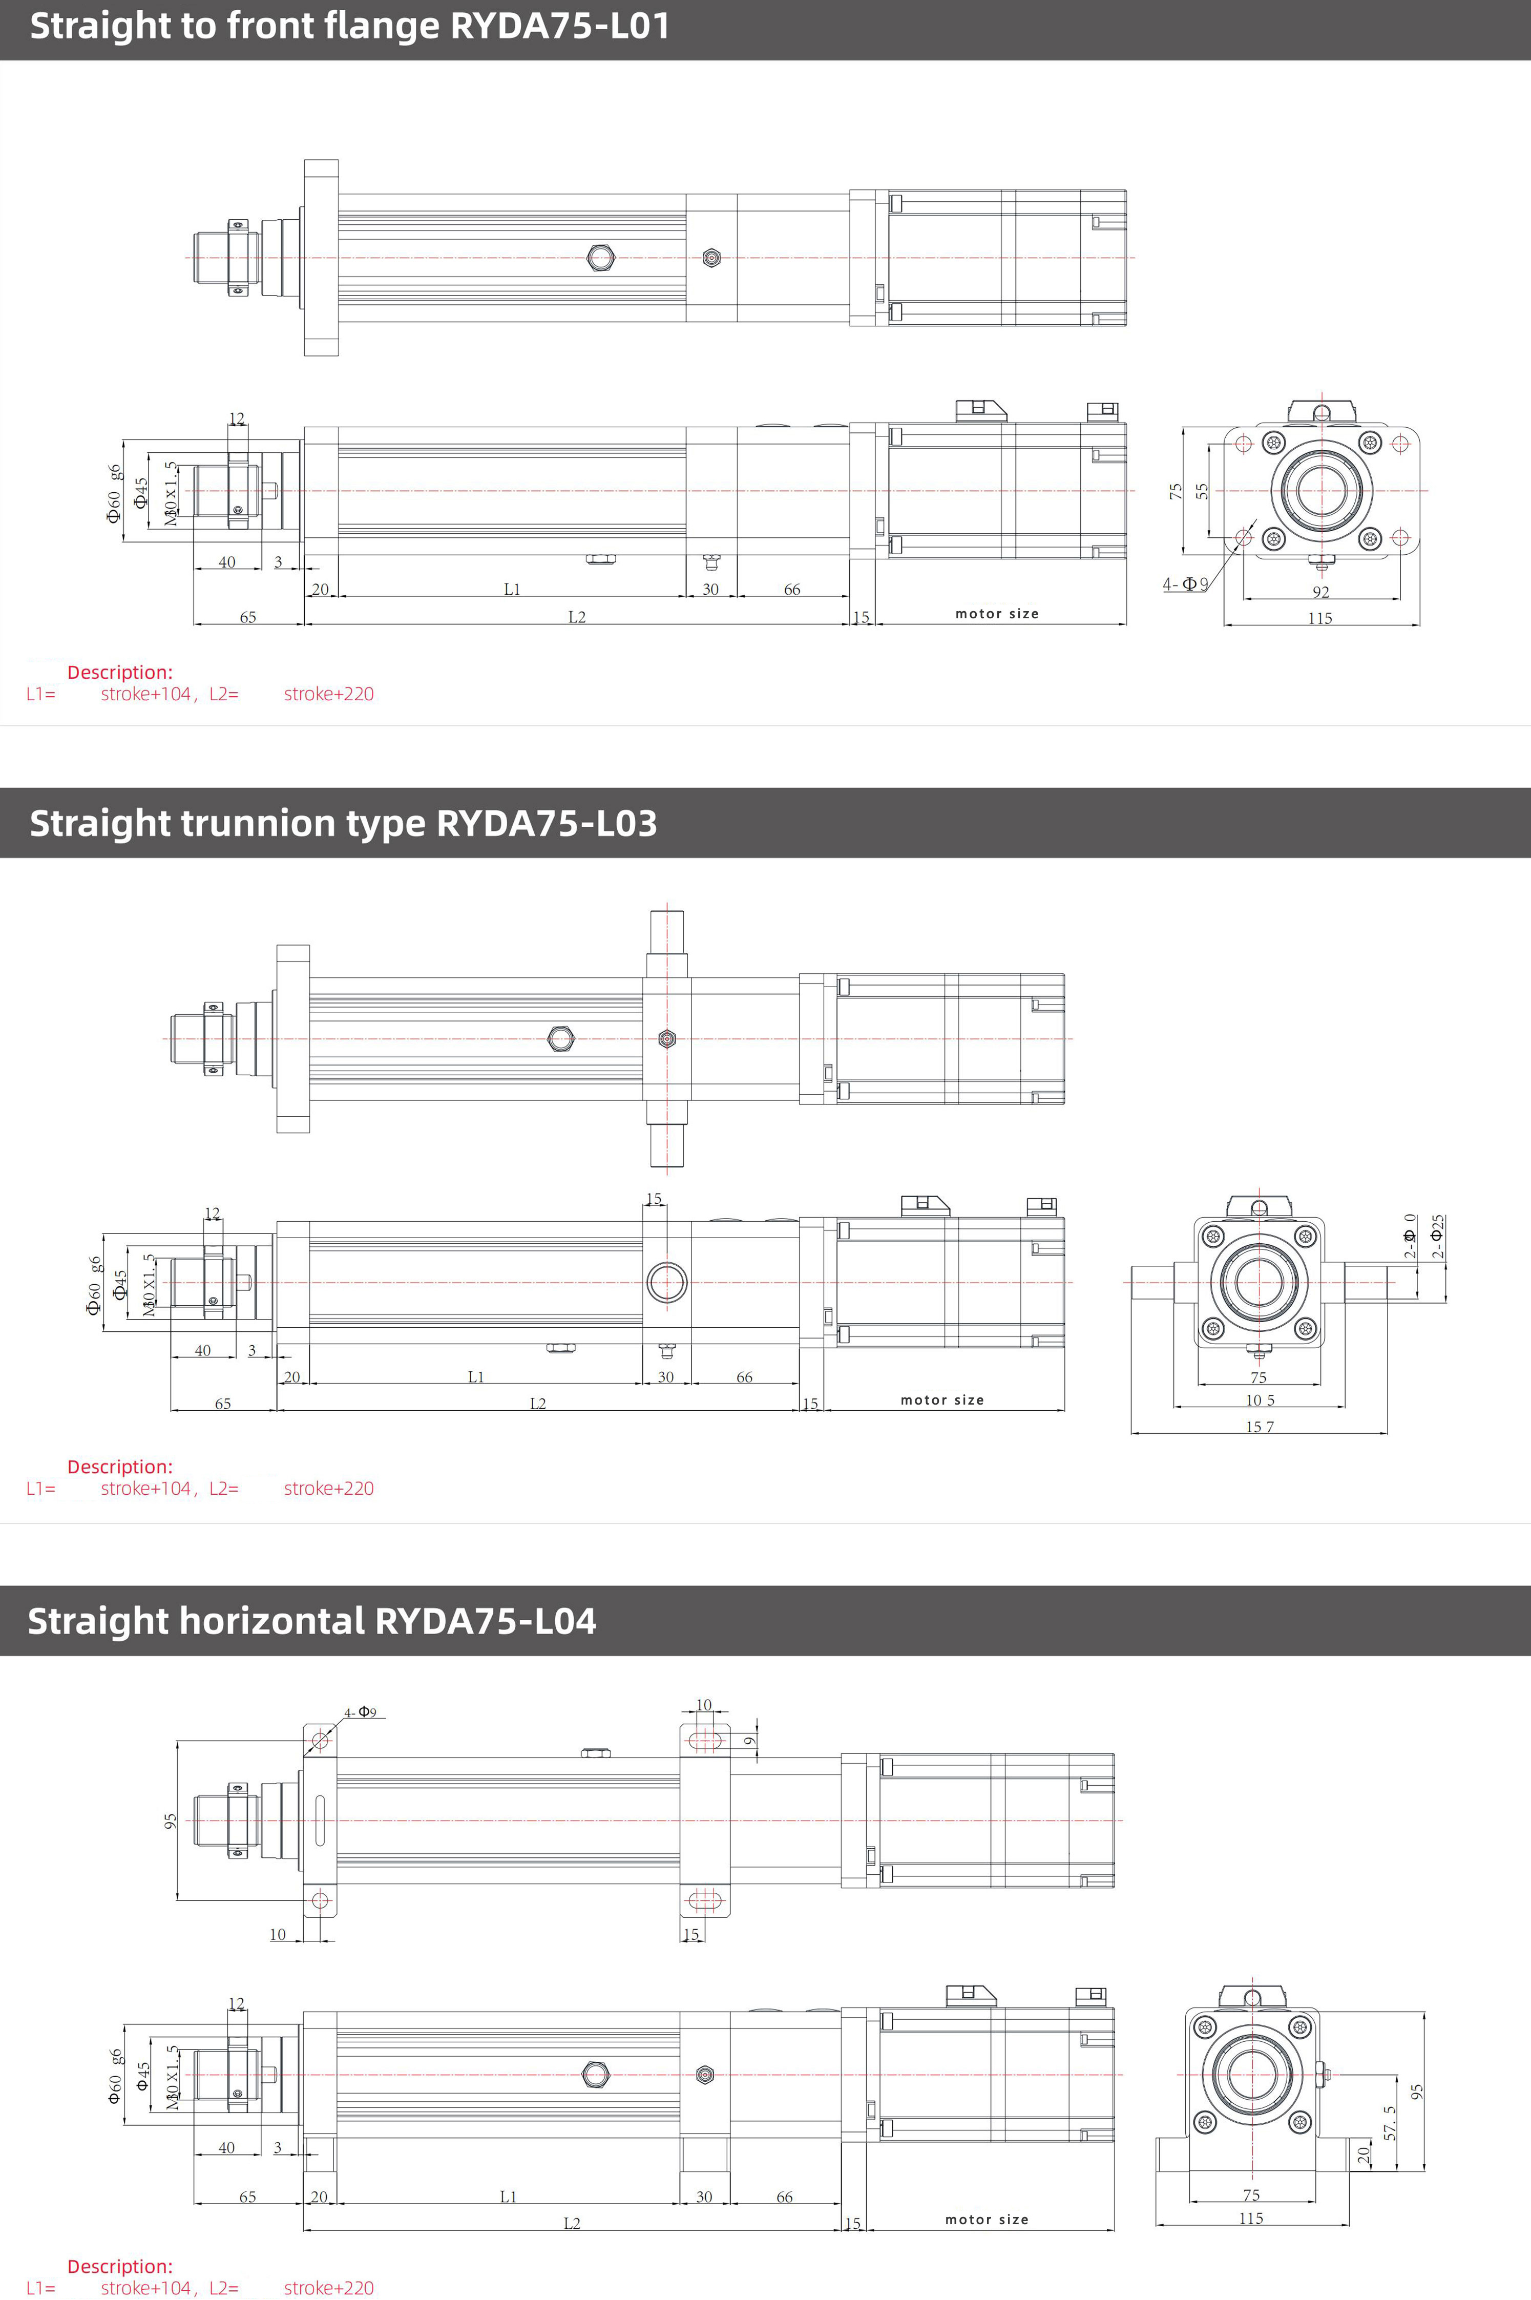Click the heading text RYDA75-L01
click(559, 26)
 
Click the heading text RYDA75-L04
click(485, 1621)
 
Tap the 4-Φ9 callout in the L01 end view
click(1184, 584)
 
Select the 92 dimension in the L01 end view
click(1320, 592)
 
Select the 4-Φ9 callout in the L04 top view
click(360, 1712)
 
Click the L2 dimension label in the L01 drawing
click(577, 617)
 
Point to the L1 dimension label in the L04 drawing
click(508, 2197)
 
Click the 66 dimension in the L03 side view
click(744, 1376)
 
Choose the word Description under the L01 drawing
click(119, 673)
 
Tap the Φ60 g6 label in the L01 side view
click(114, 493)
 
